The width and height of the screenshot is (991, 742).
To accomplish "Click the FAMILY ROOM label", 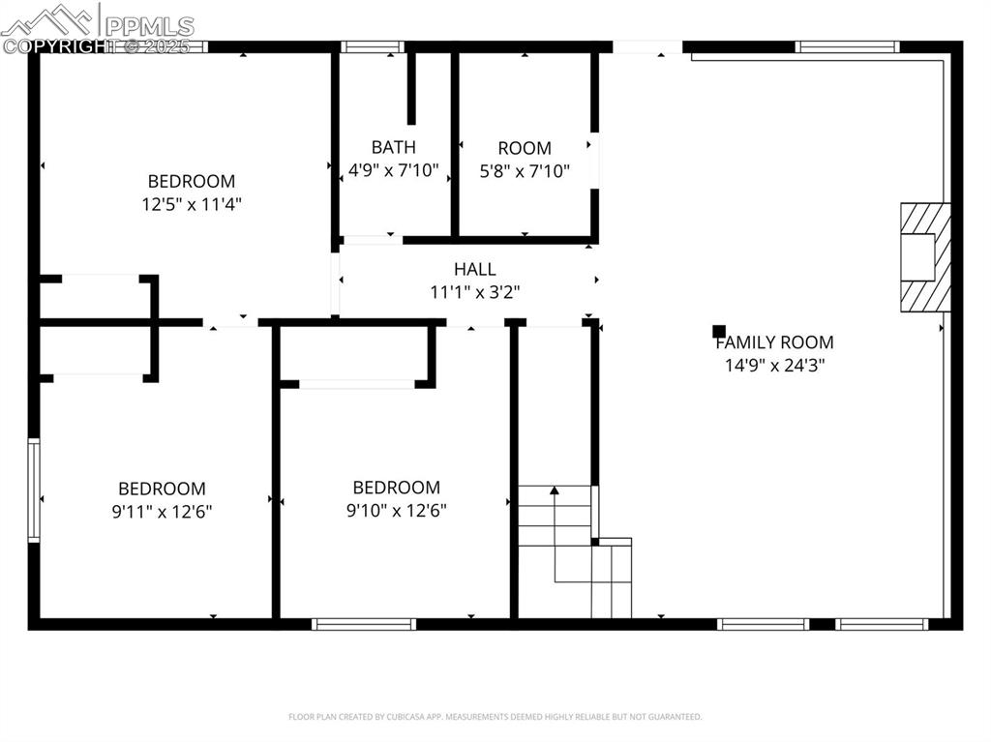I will coord(774,342).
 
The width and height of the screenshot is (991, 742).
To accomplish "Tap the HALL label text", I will coord(474,270).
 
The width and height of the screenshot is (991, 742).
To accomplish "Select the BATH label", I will coord(394,148).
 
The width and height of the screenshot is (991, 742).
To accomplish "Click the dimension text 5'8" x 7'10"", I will coord(525,171).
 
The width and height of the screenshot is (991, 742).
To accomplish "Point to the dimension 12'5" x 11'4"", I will coord(191,204).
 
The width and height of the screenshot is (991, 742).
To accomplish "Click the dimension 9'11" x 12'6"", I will coord(162,511).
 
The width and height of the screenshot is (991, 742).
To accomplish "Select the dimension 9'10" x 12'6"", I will coord(396,510).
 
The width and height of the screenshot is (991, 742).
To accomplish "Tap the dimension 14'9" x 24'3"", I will coord(774,365).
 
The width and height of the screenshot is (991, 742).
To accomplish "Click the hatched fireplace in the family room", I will coord(924,256).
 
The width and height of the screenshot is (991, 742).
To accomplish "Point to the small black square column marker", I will coord(719,331).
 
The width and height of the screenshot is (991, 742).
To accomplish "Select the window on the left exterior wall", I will coord(34,490).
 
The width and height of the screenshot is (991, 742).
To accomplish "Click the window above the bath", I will coord(373,46).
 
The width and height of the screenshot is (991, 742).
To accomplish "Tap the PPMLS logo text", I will coord(150,26).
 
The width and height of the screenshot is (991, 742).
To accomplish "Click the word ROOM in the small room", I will coord(525,148).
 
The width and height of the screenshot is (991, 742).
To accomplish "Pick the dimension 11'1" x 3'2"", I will coord(474,292).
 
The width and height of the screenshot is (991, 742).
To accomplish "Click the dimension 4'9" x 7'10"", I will coord(394,171).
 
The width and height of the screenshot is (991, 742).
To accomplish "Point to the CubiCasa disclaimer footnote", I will coord(495,717).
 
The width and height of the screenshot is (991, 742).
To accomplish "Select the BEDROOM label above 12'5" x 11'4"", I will coord(191,181).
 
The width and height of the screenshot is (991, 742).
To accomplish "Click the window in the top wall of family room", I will coord(847,46).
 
